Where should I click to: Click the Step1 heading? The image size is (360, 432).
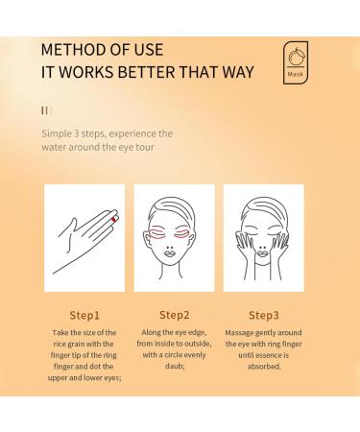pos(84,313)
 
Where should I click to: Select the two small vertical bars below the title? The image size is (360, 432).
pos(44,110)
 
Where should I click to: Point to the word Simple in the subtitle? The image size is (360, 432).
pos(58,133)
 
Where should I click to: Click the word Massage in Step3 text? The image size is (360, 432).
pos(244,332)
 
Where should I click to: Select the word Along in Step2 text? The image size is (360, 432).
pos(151,332)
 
